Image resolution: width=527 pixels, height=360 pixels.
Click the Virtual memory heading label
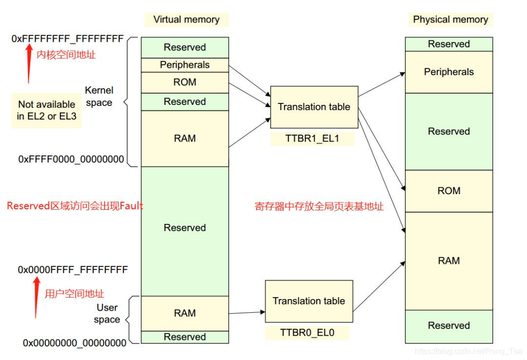[186, 20]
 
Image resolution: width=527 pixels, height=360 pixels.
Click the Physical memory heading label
[450, 20]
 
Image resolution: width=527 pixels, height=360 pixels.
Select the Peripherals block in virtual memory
[184, 65]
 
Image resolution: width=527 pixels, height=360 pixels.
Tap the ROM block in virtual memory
[184, 82]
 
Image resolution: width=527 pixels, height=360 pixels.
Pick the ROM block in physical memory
[448, 191]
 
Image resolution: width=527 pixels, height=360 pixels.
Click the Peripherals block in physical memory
[448, 72]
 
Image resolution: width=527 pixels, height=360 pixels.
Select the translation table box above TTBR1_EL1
[314, 107]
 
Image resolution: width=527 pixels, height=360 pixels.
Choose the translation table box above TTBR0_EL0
[308, 301]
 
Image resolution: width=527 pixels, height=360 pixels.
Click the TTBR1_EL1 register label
[312, 139]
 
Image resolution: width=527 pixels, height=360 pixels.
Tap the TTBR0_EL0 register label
[307, 333]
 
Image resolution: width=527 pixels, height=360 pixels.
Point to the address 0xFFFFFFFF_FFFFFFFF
[67, 39]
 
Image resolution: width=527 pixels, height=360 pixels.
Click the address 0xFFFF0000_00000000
[71, 159]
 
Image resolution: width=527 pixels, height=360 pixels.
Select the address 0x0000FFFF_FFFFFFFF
[73, 269]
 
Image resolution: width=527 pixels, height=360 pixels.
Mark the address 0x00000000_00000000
[74, 343]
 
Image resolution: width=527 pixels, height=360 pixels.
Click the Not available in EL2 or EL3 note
[47, 111]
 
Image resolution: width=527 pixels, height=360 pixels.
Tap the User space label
[107, 314]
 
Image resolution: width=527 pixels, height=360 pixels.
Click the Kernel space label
[99, 97]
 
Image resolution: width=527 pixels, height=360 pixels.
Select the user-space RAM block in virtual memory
[184, 313]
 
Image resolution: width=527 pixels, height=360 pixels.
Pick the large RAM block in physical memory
[448, 260]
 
